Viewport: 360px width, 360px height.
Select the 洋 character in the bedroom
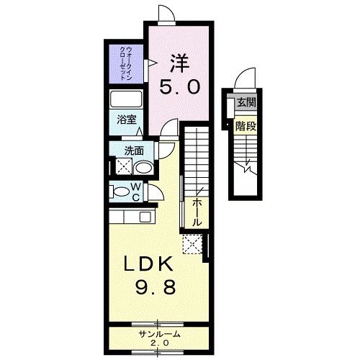coord(179,63)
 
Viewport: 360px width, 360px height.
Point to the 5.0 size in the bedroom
coord(179,86)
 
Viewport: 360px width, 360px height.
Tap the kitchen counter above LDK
coord(130,216)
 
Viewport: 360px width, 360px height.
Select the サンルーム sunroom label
coord(159,335)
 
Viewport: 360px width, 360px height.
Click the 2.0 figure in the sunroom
coord(159,344)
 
